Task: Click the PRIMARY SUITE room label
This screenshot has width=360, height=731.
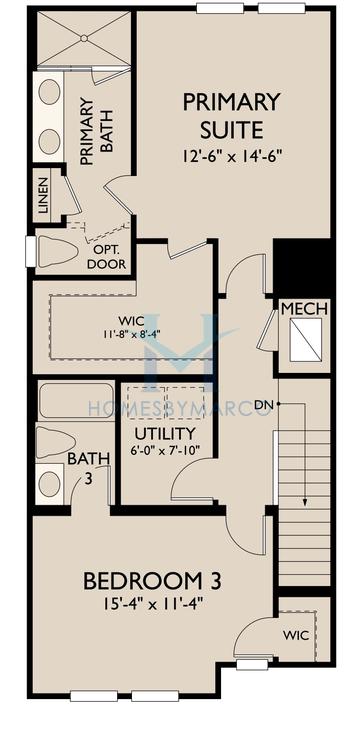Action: point(231,116)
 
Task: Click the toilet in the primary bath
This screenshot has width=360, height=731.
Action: point(57,251)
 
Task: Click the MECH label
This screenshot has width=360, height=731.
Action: point(303,309)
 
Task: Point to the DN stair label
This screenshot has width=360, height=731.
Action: point(263,404)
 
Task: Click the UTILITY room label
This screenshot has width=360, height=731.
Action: point(163,434)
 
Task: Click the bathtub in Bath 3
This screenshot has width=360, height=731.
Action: point(76,402)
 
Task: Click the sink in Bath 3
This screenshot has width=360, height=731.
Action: point(50,483)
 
